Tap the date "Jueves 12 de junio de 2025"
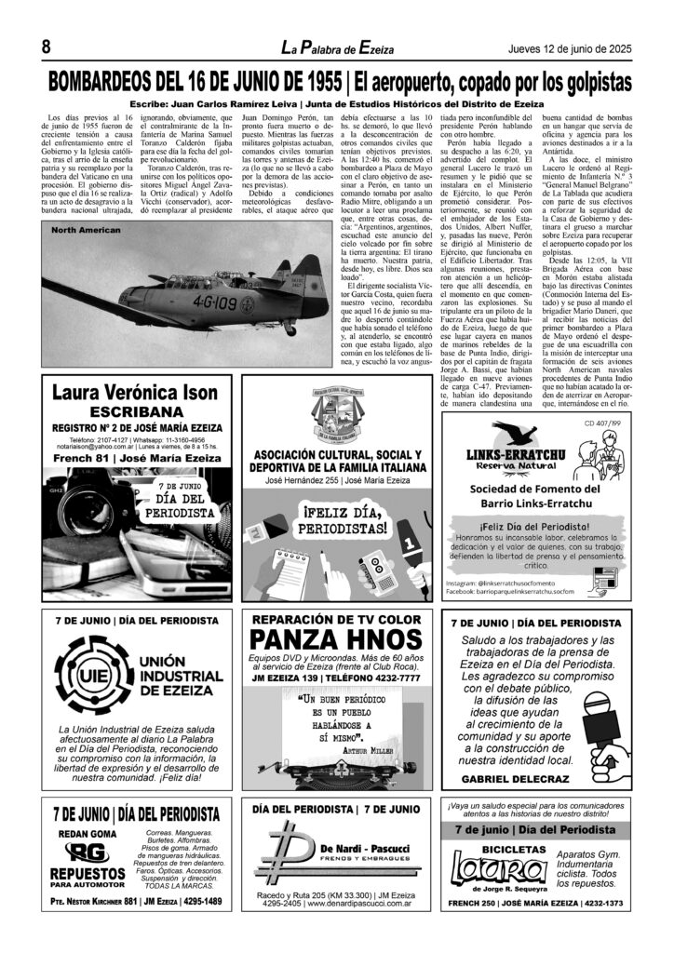click(566, 48)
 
